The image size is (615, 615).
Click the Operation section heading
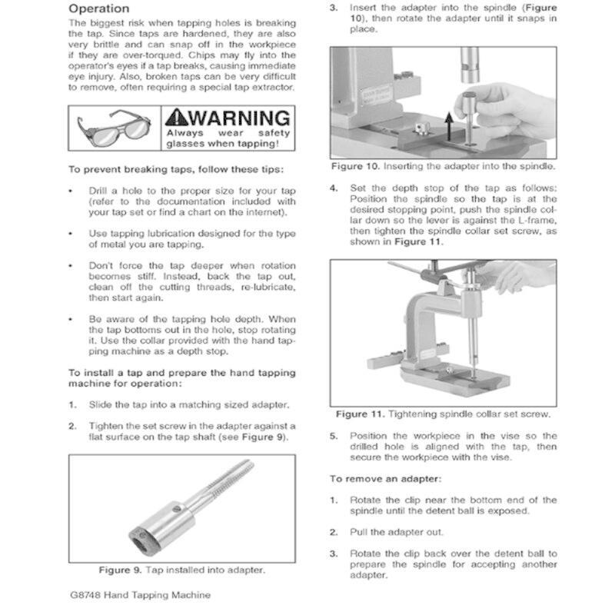99,8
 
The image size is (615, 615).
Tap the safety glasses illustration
115,128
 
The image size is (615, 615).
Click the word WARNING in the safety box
239,118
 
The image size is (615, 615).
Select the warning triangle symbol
176,118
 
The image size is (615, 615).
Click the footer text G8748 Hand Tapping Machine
139,595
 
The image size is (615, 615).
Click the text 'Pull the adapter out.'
396,532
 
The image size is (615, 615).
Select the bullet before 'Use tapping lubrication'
71,233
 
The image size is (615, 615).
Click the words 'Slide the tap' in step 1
115,404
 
